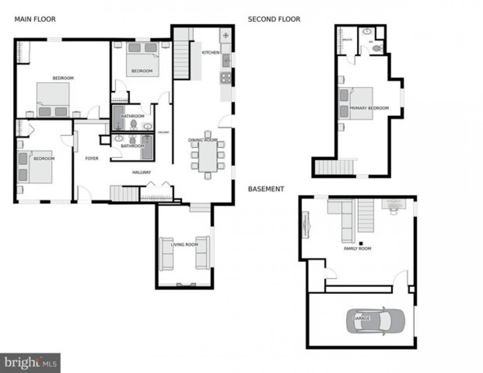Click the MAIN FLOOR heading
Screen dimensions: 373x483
[x=35, y=19]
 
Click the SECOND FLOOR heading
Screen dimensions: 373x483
[x=274, y=19]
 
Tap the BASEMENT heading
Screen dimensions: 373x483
[x=266, y=189]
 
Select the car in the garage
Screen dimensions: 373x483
[x=375, y=321]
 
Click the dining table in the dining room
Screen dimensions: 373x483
[x=208, y=155]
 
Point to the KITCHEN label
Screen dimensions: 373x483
[x=211, y=53]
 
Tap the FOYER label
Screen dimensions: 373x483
[x=92, y=159]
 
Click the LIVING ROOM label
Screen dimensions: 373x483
[x=184, y=244]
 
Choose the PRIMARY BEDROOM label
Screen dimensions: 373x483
[x=369, y=108]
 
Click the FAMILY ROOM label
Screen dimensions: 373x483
[x=357, y=249]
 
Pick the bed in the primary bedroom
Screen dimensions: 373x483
[x=356, y=103]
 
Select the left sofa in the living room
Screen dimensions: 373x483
[x=166, y=253]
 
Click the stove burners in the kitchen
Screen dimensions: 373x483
[x=225, y=78]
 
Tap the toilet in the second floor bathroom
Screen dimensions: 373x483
[x=377, y=48]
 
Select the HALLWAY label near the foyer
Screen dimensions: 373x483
[x=142, y=172]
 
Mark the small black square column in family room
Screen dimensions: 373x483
[x=361, y=243]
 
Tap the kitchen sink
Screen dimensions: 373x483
[x=226, y=61]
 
